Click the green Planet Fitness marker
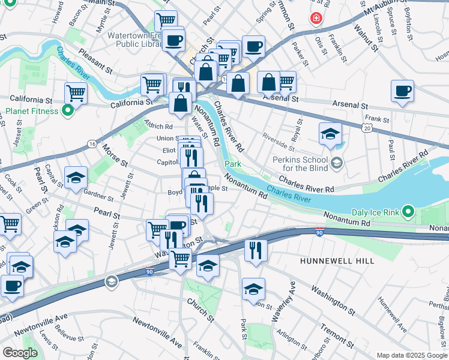[x=68, y=111]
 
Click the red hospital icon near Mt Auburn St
[x=315, y=19]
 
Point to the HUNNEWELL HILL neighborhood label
[x=337, y=261]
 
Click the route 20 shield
[x=367, y=127]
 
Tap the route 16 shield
[x=91, y=144]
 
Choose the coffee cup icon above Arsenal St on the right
[x=402, y=91]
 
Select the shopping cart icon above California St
[x=76, y=93]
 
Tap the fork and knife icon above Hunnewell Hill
[x=256, y=250]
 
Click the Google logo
[x=20, y=353]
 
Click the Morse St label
[x=115, y=155]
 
